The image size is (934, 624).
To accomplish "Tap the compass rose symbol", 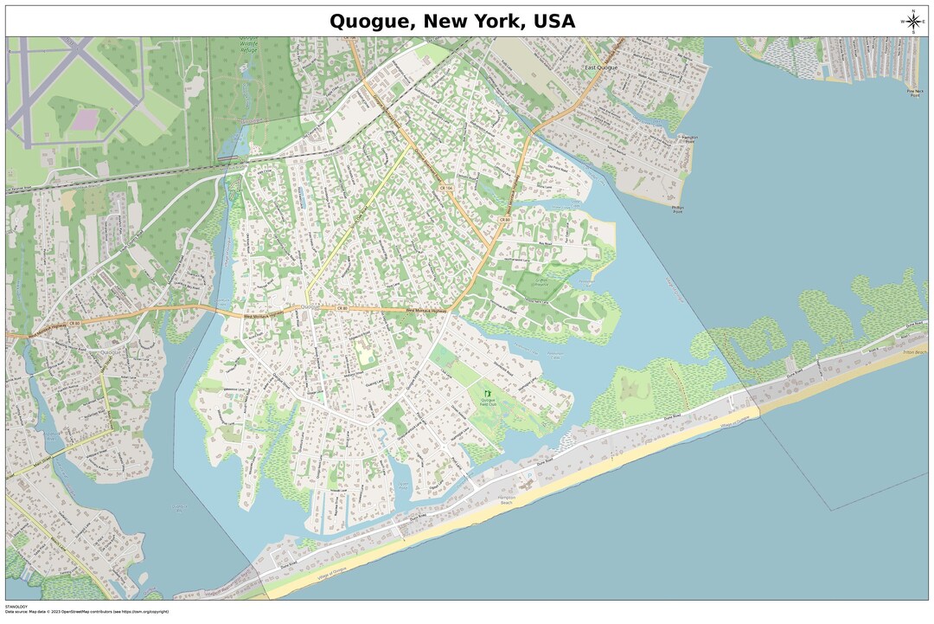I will click(x=912, y=21).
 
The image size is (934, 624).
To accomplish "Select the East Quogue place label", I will click(x=602, y=67).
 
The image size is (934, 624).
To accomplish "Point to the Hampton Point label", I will click(x=689, y=139).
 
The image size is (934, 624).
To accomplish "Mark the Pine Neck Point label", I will click(x=913, y=92).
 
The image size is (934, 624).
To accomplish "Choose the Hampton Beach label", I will click(x=506, y=500).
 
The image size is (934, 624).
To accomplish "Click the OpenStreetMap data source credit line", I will click(x=86, y=612).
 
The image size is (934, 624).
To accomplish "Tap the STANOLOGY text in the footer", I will click(x=16, y=606).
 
